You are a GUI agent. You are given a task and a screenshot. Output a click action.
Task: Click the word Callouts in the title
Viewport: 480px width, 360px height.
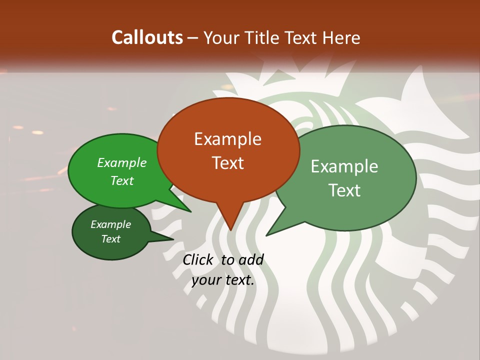point(147,37)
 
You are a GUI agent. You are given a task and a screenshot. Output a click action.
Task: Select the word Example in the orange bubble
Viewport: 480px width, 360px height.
point(227,139)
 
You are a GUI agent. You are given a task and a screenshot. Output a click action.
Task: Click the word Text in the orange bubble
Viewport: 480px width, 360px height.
point(227,162)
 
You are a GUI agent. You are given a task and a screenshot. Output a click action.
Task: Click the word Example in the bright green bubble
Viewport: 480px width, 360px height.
point(122,162)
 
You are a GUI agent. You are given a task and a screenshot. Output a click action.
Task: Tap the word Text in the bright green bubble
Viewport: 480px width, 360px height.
point(122,180)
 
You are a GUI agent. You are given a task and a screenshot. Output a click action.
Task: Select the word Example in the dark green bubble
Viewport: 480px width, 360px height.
point(110,224)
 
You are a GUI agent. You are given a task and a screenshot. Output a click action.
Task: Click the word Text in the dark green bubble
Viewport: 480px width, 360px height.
point(110,239)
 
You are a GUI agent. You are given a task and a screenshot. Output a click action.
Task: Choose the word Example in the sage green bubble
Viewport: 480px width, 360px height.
point(344,166)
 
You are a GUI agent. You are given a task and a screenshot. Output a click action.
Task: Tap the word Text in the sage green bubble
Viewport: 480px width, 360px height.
point(344,190)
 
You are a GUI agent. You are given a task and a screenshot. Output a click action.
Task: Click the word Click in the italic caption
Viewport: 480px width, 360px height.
point(197,259)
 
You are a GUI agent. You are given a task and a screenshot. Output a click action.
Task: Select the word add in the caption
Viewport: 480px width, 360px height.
point(251,259)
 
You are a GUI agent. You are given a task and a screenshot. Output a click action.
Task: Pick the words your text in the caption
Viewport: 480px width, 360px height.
point(223,280)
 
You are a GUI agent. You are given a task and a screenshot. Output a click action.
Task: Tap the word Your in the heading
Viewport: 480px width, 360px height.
point(221,37)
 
